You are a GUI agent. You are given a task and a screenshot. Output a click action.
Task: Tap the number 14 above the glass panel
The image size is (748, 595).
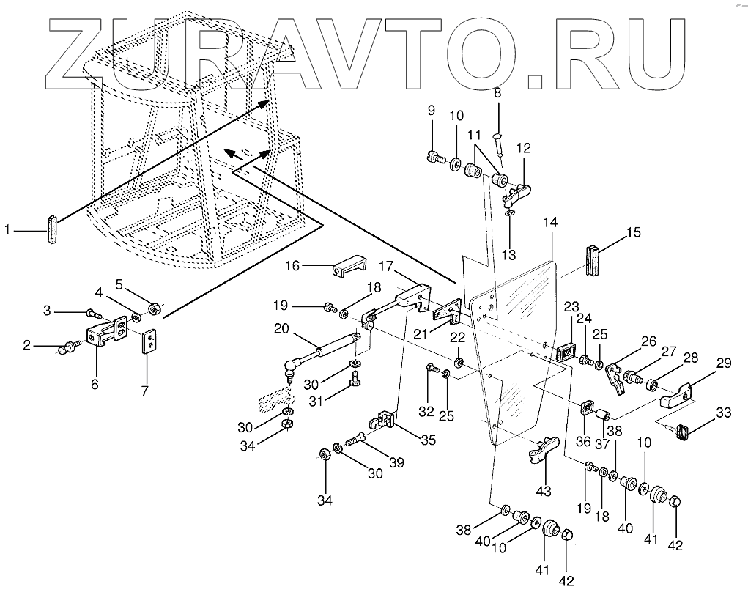pyautogui.click(x=551, y=222)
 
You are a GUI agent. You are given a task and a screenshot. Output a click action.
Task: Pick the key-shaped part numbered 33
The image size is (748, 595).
pyautogui.click(x=683, y=432)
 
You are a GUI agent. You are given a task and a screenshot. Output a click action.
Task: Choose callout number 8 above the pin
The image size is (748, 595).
pyautogui.click(x=497, y=93)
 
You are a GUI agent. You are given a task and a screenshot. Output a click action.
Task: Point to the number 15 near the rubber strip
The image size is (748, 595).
pyautogui.click(x=633, y=233)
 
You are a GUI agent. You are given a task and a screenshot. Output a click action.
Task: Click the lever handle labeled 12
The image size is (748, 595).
pyautogui.click(x=518, y=193)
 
